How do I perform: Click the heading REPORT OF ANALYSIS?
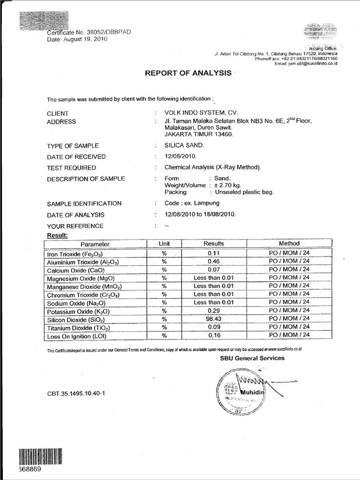(x=187, y=73)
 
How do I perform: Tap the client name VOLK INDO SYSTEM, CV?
(x=201, y=113)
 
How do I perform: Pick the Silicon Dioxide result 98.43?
(x=213, y=319)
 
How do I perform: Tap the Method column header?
(x=289, y=244)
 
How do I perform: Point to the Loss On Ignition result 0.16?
(x=213, y=336)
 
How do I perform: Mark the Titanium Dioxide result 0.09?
(x=213, y=327)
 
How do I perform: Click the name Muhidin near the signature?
(x=254, y=392)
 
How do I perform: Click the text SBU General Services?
(x=252, y=358)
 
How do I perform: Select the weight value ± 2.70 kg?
(x=228, y=185)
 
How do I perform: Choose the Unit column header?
(x=164, y=244)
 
